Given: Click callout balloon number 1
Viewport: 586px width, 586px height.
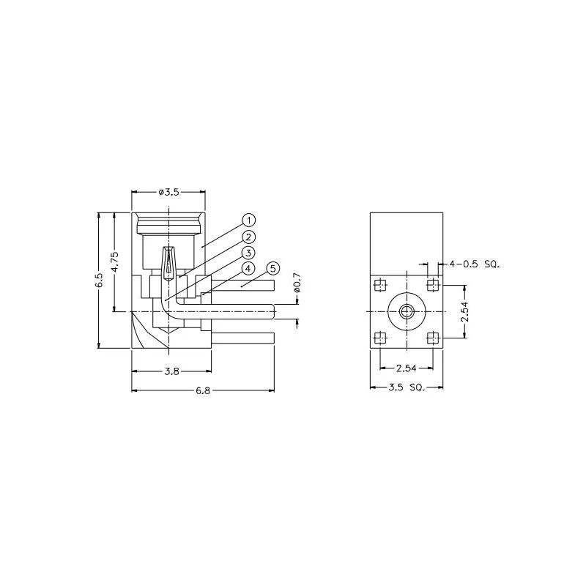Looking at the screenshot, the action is [x=248, y=220].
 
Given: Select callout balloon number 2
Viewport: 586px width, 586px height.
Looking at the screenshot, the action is [x=248, y=237].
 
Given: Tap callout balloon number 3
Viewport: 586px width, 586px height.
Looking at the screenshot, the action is [x=248, y=253].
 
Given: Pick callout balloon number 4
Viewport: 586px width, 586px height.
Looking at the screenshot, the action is [x=248, y=269].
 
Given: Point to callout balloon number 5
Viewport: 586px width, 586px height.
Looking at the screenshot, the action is [x=273, y=269].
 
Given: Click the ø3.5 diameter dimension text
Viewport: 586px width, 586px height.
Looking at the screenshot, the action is [x=168, y=192].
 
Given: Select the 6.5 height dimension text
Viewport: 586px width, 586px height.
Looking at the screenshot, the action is [x=100, y=281].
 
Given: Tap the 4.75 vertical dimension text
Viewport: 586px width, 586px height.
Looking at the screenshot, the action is [x=116, y=262].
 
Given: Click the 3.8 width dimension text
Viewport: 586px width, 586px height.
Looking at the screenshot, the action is [x=172, y=371].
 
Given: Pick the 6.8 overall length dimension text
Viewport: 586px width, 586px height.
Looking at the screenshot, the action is [x=203, y=391].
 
